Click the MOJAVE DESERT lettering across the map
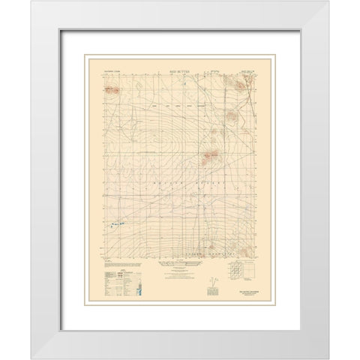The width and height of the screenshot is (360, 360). point(180,180)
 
